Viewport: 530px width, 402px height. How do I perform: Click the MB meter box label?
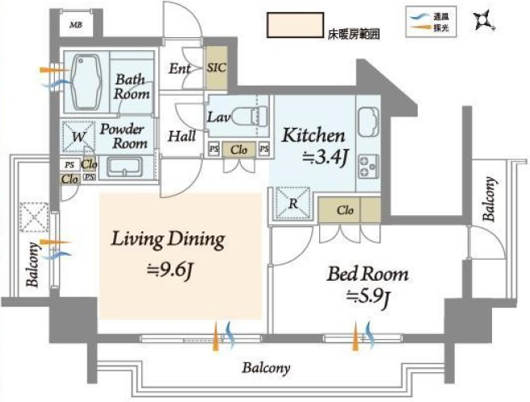76,25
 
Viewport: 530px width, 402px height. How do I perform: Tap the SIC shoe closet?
217,68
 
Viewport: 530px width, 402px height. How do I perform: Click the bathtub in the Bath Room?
86,82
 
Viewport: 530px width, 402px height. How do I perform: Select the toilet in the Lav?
250,116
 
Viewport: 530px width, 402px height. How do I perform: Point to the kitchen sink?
368,121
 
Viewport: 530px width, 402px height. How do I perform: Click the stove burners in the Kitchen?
368,167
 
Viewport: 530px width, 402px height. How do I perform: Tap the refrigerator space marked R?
293,204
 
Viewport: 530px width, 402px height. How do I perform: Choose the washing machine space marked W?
78,137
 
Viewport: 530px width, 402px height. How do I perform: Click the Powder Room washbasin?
124,167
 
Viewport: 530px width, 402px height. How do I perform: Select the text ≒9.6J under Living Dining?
170,271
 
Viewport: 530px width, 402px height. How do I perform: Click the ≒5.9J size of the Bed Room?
368,297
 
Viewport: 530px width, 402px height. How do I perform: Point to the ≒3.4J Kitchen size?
325,158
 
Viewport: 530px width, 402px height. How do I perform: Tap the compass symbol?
483,20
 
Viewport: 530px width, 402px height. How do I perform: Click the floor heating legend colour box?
296,25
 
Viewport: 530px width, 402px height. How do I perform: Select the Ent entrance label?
179,69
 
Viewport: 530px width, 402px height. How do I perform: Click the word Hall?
182,137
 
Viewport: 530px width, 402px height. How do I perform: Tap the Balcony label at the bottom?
266,368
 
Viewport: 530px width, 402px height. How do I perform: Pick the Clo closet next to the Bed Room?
350,210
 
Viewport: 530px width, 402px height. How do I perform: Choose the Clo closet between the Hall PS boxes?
238,150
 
